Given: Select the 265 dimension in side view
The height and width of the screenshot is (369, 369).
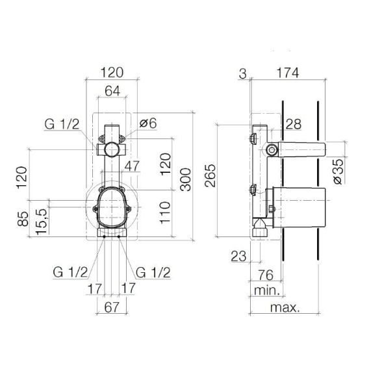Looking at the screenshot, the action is (x=210, y=175).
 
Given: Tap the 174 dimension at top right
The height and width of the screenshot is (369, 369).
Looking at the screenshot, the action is (x=288, y=73).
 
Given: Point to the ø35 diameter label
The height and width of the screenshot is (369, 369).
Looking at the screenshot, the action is (x=339, y=171).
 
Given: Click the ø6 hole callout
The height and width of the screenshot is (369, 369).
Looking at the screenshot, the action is (x=148, y=123).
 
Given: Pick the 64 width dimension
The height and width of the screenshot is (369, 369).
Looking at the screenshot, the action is (x=112, y=91).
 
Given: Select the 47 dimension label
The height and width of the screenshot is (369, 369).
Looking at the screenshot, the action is (x=132, y=166).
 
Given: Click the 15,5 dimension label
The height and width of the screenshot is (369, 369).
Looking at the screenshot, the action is (x=42, y=222).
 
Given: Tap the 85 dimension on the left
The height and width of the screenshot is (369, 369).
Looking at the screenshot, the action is (x=23, y=219).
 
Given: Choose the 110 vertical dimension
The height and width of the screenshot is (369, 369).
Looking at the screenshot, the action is (x=165, y=212).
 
